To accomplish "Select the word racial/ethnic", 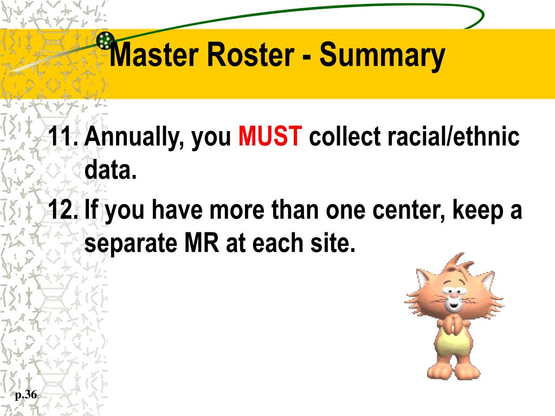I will pyautogui.click(x=453, y=138).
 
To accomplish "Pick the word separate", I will pyautogui.click(x=132, y=245).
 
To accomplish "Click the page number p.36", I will pyautogui.click(x=26, y=395).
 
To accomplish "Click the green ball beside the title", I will pyautogui.click(x=105, y=40).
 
